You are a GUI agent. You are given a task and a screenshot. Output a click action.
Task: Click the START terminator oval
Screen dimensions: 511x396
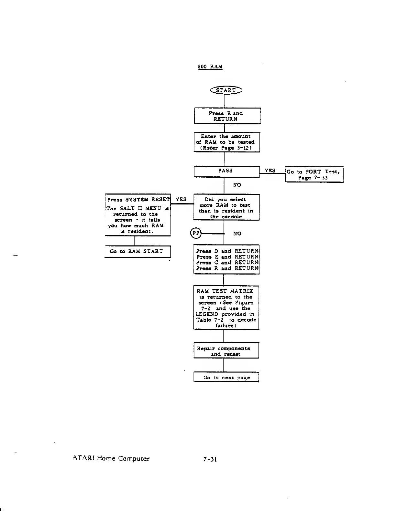point(226,90)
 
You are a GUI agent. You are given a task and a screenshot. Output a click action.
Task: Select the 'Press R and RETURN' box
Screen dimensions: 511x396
point(227,116)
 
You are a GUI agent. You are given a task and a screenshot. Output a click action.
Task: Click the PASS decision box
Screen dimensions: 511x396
point(226,171)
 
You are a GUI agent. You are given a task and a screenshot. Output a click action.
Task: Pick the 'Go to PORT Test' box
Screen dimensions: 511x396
point(314,175)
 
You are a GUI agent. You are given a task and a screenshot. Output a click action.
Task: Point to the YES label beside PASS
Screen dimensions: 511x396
point(270,171)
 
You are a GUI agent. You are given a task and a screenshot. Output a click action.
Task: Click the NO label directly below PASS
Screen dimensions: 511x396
point(237,185)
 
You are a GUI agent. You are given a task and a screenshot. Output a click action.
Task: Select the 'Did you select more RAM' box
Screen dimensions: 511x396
point(226,208)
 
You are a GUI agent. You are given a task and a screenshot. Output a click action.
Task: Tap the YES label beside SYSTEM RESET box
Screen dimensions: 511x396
point(181,199)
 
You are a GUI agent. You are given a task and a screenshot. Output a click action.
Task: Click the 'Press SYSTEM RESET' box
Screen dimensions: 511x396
point(138,215)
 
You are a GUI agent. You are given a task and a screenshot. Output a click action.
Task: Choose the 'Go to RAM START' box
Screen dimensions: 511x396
point(137,252)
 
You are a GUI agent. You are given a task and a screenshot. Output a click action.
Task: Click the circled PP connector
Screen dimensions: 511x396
point(195,233)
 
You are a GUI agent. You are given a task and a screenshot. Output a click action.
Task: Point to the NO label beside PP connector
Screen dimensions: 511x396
point(237,234)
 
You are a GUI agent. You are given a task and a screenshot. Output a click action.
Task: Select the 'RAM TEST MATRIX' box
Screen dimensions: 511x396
point(226,308)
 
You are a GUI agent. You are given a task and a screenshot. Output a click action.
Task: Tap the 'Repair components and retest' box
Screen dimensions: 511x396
point(226,351)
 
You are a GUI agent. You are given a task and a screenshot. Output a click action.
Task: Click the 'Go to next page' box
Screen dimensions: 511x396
point(226,377)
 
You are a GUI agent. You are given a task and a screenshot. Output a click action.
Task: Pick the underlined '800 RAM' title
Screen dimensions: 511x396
point(210,67)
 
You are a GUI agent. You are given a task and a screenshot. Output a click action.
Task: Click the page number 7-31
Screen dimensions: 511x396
point(210,459)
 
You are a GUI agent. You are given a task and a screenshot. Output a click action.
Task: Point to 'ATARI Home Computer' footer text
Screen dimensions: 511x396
point(111,458)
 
